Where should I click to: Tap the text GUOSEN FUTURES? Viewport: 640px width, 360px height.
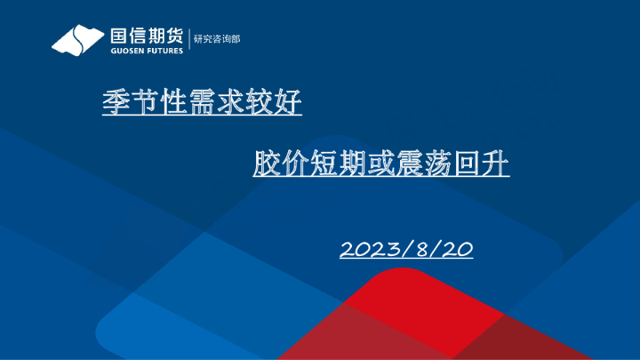(147, 51)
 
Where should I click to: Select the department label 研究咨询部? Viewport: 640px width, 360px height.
(217, 39)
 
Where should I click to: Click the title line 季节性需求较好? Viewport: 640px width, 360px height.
(202, 105)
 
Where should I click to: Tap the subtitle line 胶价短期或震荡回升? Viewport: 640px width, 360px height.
(380, 164)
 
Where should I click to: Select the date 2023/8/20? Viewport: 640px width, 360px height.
(405, 250)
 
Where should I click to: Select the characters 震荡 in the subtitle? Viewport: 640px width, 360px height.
(424, 164)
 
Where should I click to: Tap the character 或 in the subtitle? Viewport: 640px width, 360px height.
(381, 164)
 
